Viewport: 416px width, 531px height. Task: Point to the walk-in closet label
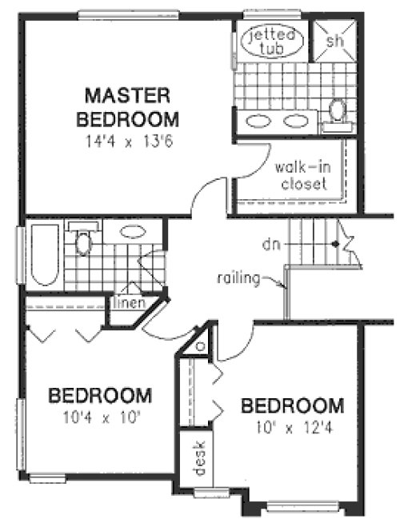pyautogui.click(x=301, y=176)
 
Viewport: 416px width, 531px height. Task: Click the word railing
pyautogui.click(x=242, y=278)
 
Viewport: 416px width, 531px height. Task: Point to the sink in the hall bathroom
pyautogui.click(x=132, y=233)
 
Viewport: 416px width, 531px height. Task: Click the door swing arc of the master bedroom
pyautogui.click(x=203, y=194)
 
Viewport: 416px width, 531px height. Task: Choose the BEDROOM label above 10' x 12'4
pyautogui.click(x=293, y=405)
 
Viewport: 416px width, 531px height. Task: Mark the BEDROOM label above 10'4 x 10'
pyautogui.click(x=100, y=396)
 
